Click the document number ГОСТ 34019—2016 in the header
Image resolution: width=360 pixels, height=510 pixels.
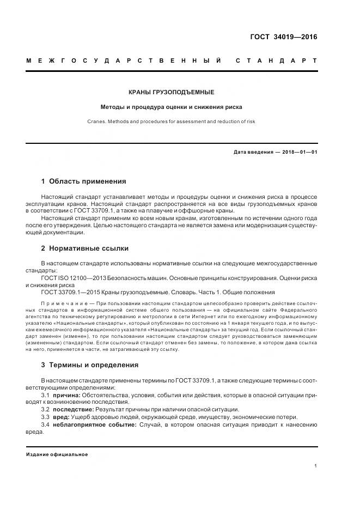pyautogui.click(x=283, y=37)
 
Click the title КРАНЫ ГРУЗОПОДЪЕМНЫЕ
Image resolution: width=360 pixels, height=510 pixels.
pyautogui.click(x=172, y=93)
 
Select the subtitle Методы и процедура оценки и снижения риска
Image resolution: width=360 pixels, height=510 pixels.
pyautogui.click(x=172, y=107)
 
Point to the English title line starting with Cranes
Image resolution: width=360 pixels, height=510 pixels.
pyautogui.click(x=172, y=122)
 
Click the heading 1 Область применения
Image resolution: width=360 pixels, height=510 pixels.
pyautogui.click(x=83, y=181)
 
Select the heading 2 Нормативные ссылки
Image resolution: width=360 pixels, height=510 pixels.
pyautogui.click(x=85, y=248)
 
